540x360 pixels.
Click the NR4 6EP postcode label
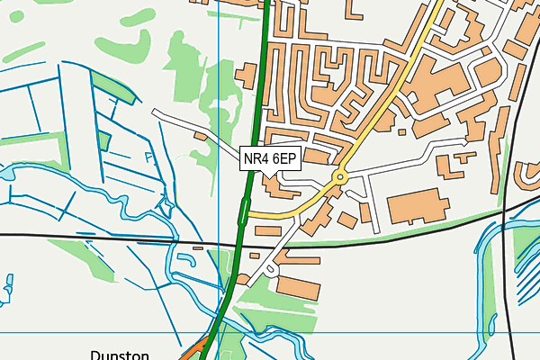pyautogui.click(x=270, y=159)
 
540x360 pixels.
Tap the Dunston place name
pyautogui.click(x=119, y=355)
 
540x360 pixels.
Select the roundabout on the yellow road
pyautogui.click(x=340, y=177)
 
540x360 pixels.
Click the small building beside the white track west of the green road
pyautogui.click(x=200, y=135)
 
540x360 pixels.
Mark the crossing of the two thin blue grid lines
pyautogui.click(x=220, y=332)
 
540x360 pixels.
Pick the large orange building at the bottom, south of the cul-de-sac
pyautogui.click(x=297, y=286)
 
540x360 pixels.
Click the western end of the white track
pyautogui.click(x=155, y=112)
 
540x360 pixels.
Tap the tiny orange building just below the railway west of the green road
pyautogui.click(x=198, y=247)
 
